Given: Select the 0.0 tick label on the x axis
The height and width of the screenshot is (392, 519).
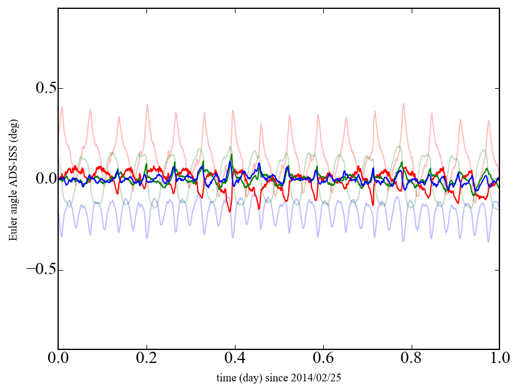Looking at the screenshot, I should (58, 359).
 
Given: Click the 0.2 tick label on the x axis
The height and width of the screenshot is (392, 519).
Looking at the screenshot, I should (147, 359).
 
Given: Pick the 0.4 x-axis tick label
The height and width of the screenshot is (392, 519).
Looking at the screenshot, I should (235, 359).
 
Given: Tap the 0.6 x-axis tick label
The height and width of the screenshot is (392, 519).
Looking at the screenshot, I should (323, 359).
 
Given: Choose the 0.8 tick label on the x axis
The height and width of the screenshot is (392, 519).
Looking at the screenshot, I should (411, 359).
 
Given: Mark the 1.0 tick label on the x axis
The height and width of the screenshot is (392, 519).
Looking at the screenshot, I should (499, 359).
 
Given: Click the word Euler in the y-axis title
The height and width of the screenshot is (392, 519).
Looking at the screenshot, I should (12, 231).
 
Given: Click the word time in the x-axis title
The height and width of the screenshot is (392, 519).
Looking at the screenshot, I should (226, 378).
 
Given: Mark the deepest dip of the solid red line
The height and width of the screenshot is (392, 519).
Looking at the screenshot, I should (259, 208).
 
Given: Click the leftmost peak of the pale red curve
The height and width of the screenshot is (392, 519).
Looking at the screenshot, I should (62, 107).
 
